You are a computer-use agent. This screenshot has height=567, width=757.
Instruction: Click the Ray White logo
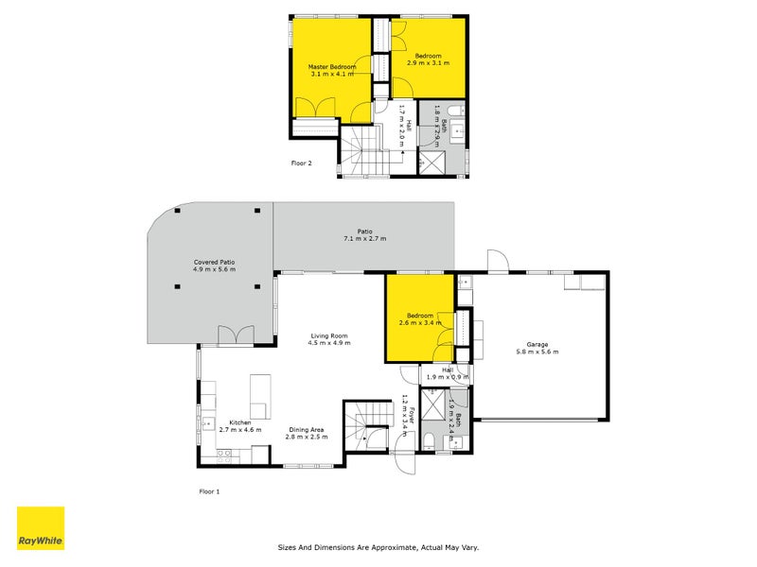(42, 528)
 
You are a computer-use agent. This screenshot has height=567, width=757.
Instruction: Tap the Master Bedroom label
(332, 67)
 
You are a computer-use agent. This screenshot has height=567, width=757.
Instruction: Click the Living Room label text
(329, 335)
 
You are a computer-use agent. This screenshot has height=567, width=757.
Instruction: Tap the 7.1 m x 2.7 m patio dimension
(363, 238)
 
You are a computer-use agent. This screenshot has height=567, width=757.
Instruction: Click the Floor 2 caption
(301, 163)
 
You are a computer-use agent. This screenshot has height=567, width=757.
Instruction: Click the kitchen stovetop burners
(225, 454)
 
